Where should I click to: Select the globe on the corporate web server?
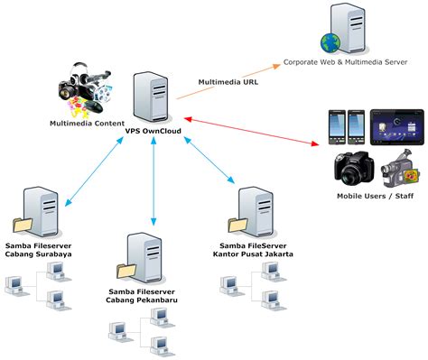click(x=328, y=42)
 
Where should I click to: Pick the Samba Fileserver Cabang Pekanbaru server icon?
click(x=139, y=254)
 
